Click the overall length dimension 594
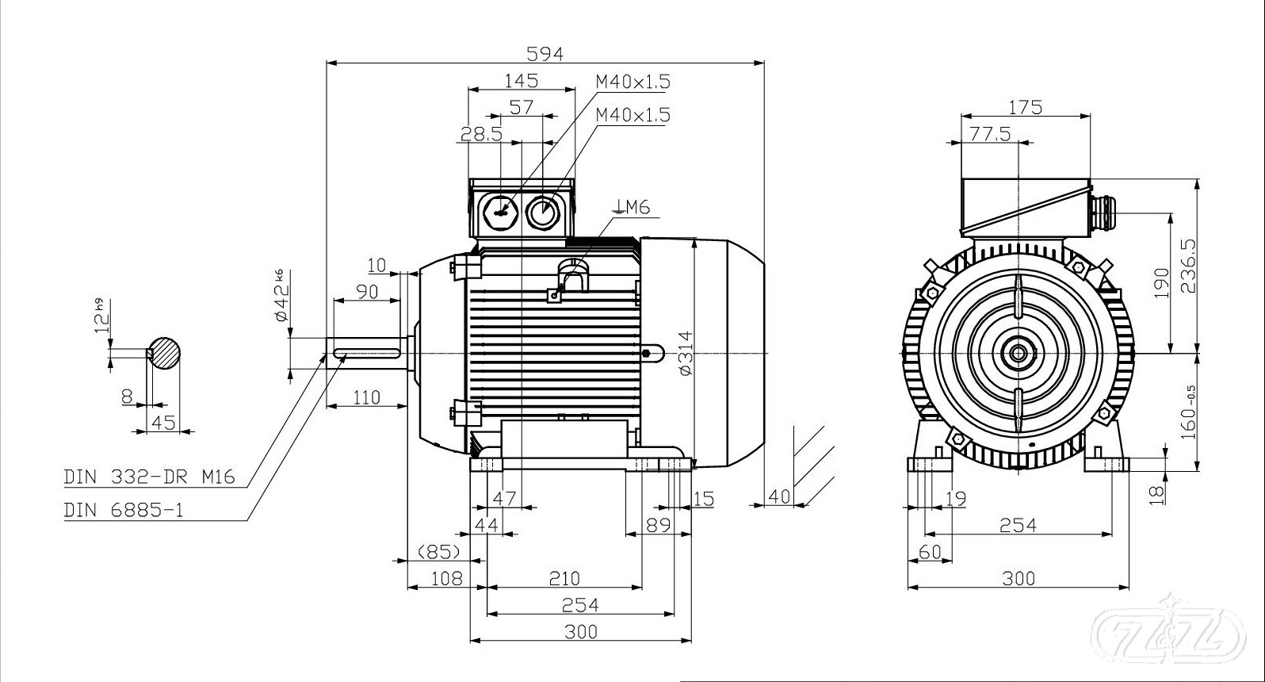[x=545, y=53]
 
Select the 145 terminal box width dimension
[x=521, y=80]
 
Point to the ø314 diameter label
[x=686, y=353]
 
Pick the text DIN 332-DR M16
[x=150, y=477]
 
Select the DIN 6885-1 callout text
[x=124, y=510]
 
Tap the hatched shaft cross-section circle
[x=164, y=352]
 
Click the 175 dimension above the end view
[x=1026, y=106]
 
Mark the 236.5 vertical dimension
[x=1187, y=266]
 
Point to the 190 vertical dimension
[x=1161, y=283]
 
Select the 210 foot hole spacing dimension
[x=564, y=578]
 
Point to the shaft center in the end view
[x=1017, y=352]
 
